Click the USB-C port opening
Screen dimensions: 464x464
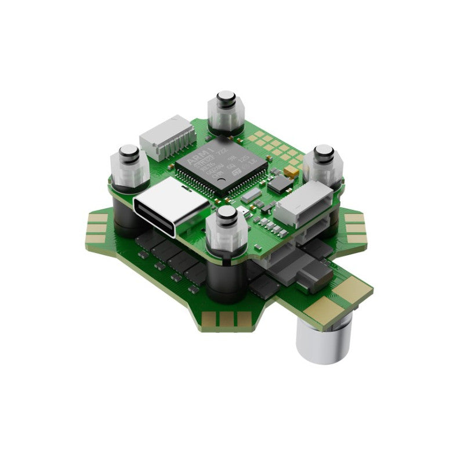(171, 207)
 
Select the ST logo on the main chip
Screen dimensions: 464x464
(236, 172)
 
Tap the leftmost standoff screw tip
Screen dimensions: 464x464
(128, 153)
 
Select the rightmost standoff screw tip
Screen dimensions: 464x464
(323, 153)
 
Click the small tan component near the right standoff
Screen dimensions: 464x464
(293, 173)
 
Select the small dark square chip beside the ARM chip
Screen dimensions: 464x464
(281, 184)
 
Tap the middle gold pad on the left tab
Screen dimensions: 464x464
(99, 228)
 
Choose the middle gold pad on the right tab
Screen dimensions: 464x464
(355, 228)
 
